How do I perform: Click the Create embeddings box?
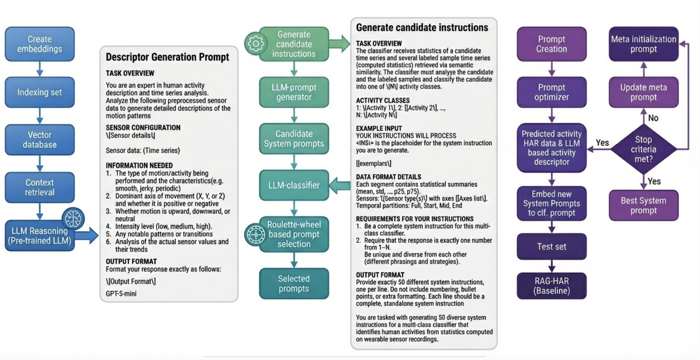point(39,44)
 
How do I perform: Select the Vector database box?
point(39,140)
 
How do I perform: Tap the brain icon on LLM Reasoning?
point(73,218)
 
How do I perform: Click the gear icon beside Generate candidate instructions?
point(255,44)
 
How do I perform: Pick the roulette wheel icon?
point(255,234)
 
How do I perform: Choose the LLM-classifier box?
point(294,185)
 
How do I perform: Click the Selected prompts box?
point(294,284)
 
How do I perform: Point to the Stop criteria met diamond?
point(643,149)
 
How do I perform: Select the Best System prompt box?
point(643,205)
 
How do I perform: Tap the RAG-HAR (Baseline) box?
point(552,286)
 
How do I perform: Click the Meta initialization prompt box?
point(643,44)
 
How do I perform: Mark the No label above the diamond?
point(653,118)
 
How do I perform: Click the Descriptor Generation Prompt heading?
point(167,57)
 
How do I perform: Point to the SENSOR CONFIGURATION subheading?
point(143,128)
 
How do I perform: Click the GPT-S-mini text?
point(121,294)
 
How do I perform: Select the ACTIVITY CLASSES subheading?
point(383,101)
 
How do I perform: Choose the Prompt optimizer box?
point(552,92)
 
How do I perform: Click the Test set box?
point(552,247)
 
